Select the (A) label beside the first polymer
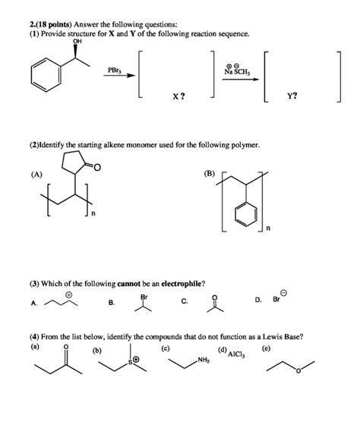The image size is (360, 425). pyautogui.click(x=36, y=174)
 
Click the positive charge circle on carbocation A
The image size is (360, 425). pyautogui.click(x=68, y=294)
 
